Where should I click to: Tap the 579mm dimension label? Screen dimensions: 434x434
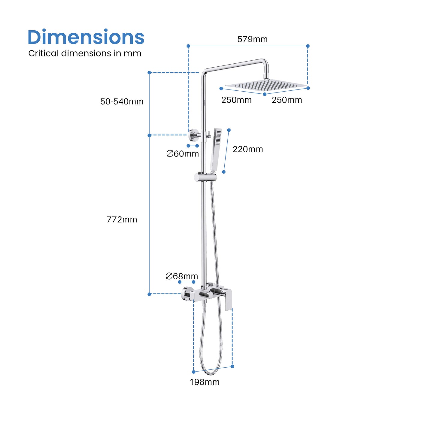(252, 39)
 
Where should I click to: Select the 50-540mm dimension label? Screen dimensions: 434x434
(122, 102)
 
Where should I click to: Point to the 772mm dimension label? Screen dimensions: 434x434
(122, 220)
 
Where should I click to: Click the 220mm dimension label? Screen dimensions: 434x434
(247, 149)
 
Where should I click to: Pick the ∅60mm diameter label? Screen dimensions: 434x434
(183, 154)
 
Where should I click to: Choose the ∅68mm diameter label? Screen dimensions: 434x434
(182, 276)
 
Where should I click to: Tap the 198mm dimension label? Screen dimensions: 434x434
(205, 382)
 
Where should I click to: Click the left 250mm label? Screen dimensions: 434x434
(236, 100)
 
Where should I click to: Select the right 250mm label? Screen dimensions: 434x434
(287, 100)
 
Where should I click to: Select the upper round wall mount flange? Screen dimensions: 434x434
(193, 135)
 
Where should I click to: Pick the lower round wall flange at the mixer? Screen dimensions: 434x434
(187, 294)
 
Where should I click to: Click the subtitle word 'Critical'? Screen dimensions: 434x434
(43, 53)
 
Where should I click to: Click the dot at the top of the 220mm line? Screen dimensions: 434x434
(229, 130)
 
